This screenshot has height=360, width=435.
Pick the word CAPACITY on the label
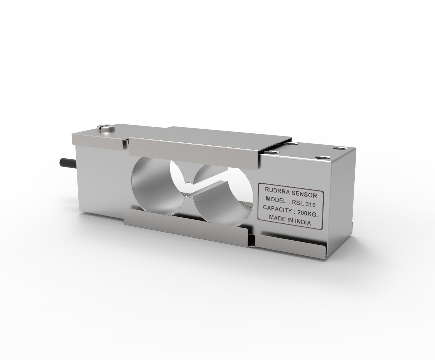277,208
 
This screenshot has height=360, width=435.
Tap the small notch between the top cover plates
127,143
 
